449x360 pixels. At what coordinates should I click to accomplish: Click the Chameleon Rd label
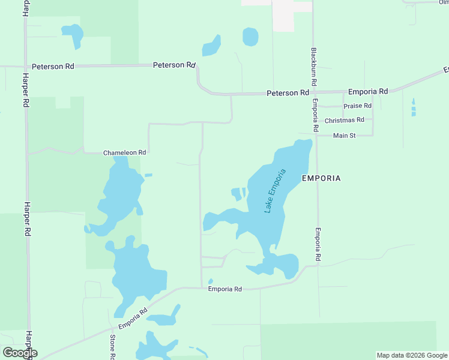124,153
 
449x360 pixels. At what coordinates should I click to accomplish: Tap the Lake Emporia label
276,191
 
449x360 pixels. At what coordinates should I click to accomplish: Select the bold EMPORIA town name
321,178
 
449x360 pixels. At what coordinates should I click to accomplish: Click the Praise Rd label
357,106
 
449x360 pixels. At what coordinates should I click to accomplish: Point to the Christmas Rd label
344,121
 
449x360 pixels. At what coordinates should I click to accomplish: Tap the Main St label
345,136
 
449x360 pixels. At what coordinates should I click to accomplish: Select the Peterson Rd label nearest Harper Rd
53,67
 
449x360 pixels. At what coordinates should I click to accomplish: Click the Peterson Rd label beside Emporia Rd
288,93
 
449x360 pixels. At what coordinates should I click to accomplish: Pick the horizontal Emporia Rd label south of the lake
224,289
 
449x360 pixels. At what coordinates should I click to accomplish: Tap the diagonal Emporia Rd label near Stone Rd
133,319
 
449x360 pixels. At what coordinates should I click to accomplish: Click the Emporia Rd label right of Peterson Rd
368,92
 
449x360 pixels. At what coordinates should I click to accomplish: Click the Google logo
20,353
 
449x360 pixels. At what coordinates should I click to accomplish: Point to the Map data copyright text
412,355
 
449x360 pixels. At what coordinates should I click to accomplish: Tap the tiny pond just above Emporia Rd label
210,281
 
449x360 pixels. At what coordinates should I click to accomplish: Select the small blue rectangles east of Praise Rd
413,108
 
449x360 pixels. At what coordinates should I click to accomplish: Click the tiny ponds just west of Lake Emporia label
238,194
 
